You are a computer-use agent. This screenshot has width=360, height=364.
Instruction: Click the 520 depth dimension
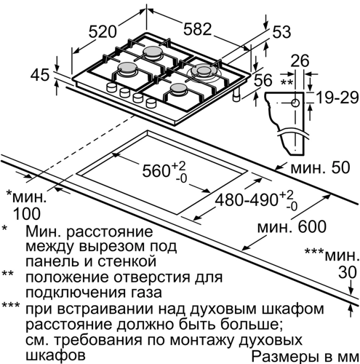(103, 31)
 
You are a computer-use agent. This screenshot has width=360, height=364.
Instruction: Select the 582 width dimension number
(197, 29)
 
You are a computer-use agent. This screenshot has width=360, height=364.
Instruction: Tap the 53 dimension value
(281, 32)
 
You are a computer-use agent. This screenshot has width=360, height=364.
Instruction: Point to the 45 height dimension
(40, 75)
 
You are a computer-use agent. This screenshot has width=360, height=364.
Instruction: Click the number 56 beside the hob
(263, 80)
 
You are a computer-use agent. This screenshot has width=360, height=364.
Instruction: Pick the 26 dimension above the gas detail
(300, 60)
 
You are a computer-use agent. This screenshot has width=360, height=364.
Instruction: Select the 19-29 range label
(337, 98)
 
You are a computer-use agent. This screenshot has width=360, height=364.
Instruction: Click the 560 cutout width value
(155, 170)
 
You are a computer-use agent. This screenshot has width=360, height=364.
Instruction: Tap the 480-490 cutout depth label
(246, 200)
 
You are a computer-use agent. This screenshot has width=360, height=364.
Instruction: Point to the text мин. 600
(292, 226)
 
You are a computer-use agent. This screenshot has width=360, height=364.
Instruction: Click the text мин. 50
(320, 167)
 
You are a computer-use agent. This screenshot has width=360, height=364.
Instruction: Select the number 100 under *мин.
(27, 213)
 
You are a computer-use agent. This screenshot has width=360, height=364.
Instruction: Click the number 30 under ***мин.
(348, 272)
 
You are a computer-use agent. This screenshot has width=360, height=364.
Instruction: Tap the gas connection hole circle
(295, 103)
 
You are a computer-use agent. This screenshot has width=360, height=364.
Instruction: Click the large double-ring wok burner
(202, 71)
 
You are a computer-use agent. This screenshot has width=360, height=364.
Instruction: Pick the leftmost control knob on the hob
(111, 87)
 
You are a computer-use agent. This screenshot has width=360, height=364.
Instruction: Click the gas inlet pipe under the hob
(236, 95)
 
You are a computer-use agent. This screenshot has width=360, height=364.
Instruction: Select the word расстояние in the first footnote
(110, 232)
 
